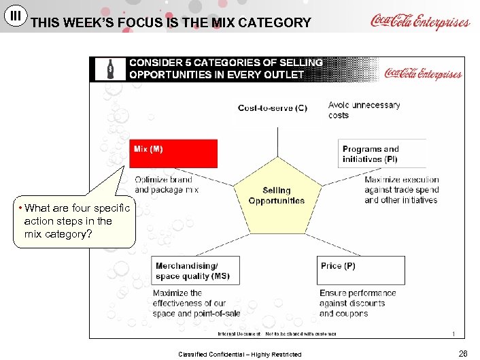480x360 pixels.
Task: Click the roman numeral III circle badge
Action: click(x=15, y=15)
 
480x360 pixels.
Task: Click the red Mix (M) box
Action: click(x=173, y=153)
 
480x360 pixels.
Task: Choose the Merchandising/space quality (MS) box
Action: click(x=196, y=270)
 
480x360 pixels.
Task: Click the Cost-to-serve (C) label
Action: click(x=273, y=108)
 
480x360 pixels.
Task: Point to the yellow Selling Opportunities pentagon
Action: click(x=276, y=195)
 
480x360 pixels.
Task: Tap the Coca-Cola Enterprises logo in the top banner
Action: click(x=419, y=22)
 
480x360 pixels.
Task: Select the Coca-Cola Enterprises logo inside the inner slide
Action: click(x=423, y=73)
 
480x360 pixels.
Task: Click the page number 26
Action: click(x=463, y=353)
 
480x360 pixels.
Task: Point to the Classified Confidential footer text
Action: click(x=239, y=354)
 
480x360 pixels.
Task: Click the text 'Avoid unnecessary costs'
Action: click(x=364, y=110)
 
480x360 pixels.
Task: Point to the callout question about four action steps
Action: click(x=67, y=221)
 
